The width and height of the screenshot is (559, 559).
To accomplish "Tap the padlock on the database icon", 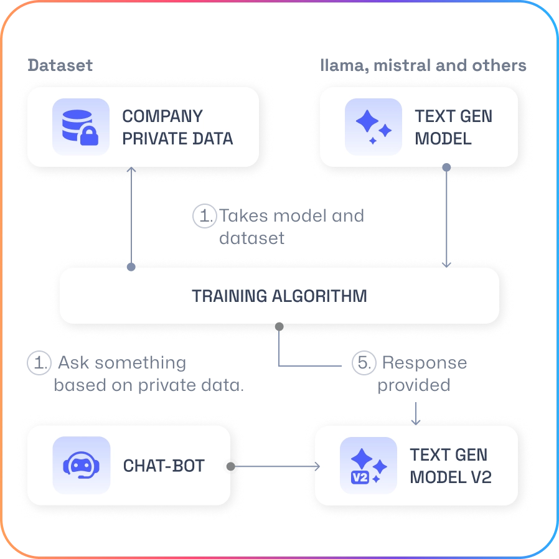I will (88, 137).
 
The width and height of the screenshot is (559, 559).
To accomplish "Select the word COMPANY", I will (162, 116).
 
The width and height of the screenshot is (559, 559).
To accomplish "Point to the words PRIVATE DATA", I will (177, 138).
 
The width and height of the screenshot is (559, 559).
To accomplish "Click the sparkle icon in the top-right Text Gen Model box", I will (373, 126).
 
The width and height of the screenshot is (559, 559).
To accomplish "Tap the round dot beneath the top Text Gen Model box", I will (446, 167).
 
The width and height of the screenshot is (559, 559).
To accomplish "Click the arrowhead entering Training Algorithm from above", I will (446, 264).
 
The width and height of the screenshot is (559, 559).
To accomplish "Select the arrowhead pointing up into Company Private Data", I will (131, 169).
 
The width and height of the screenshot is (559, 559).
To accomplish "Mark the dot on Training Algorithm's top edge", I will (131, 266).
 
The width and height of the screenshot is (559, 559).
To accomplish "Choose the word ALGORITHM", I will (321, 296).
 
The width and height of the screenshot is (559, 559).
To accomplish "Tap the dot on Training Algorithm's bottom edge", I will (279, 326).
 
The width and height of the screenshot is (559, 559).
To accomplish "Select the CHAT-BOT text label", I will (164, 466).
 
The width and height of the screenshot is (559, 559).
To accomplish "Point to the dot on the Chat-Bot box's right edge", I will (232, 466).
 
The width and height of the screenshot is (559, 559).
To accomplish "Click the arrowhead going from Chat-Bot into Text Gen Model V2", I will (317, 466).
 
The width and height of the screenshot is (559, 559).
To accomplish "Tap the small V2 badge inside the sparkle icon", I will (360, 478).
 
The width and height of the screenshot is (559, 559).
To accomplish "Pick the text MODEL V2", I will (451, 477).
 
